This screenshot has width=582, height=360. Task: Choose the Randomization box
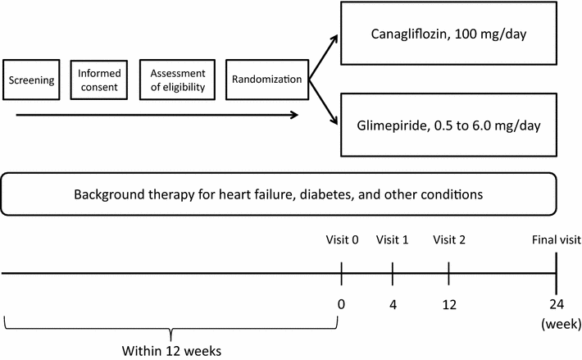coord(265,81)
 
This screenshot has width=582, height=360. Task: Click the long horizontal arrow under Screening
coord(156,115)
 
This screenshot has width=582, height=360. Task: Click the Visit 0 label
coord(341,239)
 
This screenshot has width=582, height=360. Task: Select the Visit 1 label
coord(393,239)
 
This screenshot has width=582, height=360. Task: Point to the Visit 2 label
coord(449,239)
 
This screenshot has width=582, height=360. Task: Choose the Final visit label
coord(556,239)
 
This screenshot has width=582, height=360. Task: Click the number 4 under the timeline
coord(393,304)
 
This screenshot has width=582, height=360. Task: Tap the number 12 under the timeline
coord(449,304)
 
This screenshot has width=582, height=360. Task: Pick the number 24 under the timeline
coord(557,304)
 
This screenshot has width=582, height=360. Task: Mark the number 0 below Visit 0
coord(341,304)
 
